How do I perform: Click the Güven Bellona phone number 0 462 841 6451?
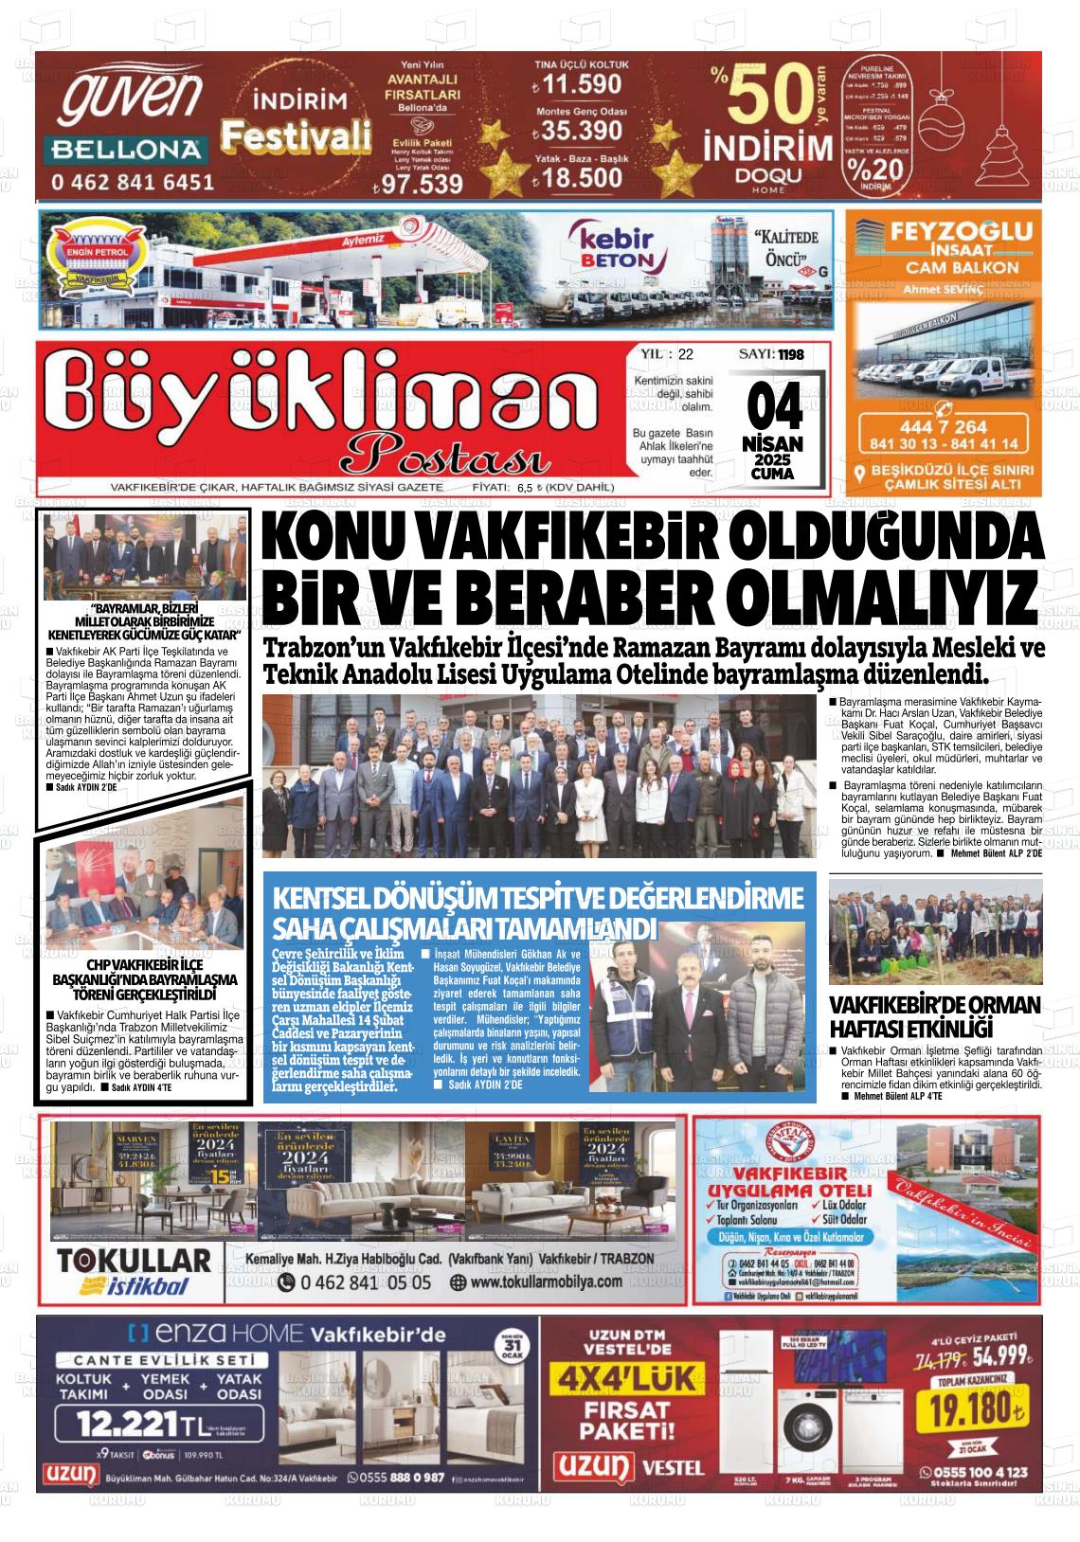click(133, 180)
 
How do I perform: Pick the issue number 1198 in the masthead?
click(791, 354)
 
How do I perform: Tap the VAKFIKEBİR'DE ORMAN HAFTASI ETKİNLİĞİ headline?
click(934, 1016)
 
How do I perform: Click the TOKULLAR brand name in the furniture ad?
click(134, 1261)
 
